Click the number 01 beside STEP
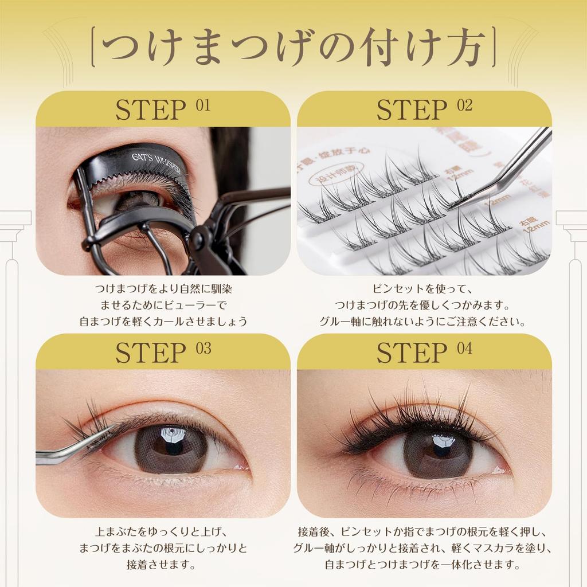tap(202, 105)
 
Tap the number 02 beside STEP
tap(464, 105)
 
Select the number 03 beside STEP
tap(203, 349)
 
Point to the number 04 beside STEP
tap(464, 349)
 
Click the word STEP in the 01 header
tap(151, 110)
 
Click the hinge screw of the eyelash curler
tap(202, 236)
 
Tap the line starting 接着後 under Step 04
tap(424, 531)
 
